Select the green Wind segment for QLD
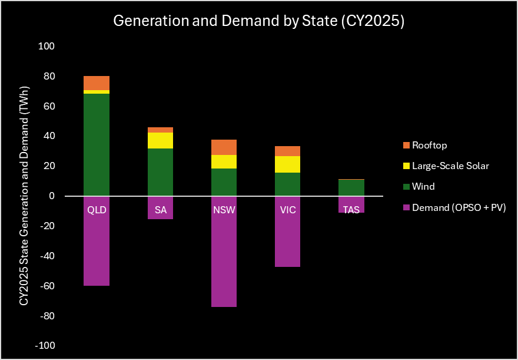pos(97,144)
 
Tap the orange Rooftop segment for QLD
pos(97,83)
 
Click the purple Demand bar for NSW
pos(224,259)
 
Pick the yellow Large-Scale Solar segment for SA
pos(160,140)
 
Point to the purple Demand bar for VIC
pos(287,239)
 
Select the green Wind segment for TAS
pos(351,187)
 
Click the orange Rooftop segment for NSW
pos(224,147)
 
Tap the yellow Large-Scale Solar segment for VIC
pos(287,164)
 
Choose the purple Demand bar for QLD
pos(97,247)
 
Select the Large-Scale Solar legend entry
pos(450,166)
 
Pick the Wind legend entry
pos(423,187)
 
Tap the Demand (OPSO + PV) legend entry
pos(459,207)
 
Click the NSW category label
pos(224,210)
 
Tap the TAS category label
pos(351,210)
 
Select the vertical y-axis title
pos(24,196)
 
